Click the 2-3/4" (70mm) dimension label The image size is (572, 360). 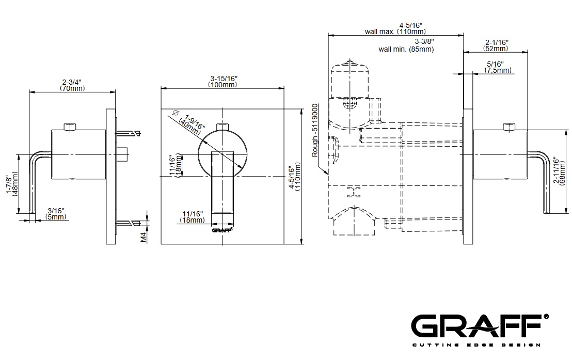[x=72, y=85]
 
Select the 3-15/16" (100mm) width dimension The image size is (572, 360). [x=223, y=82]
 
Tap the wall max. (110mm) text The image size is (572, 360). [x=395, y=32]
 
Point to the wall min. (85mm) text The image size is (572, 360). [x=406, y=49]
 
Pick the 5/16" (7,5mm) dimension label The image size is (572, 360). [x=498, y=67]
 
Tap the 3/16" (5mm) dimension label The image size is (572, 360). [x=56, y=214]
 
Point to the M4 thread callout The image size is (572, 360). [x=144, y=237]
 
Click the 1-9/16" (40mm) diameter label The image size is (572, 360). [x=194, y=126]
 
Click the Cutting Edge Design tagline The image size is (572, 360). [x=476, y=345]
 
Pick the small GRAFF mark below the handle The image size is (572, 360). [x=223, y=230]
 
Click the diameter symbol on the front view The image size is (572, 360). [x=174, y=112]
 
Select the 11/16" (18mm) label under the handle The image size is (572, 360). [x=192, y=217]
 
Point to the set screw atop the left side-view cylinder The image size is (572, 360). [x=70, y=127]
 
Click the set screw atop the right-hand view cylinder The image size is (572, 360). [x=509, y=127]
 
